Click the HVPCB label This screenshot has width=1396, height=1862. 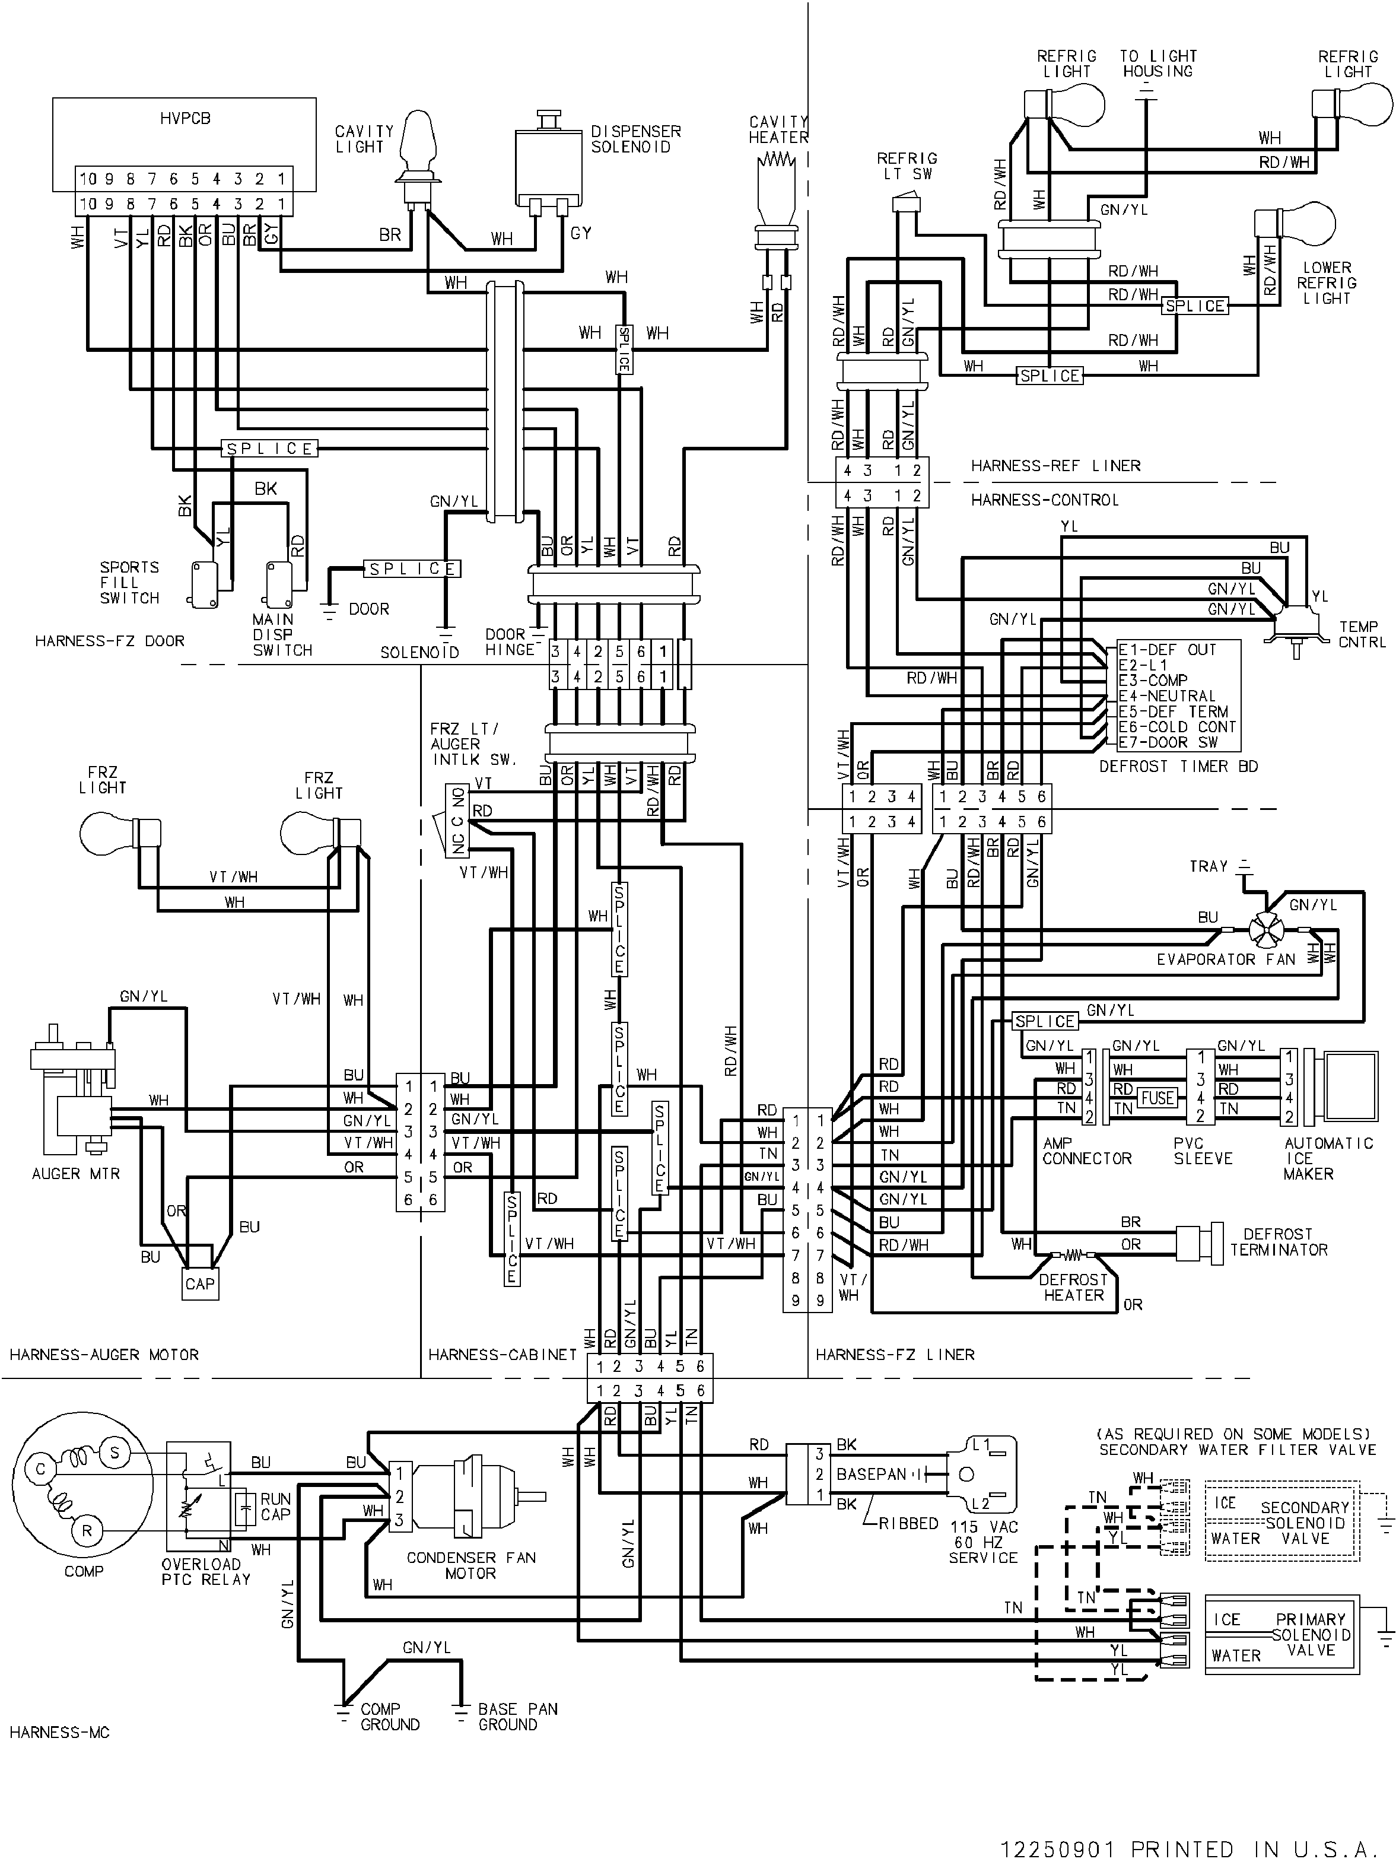(x=185, y=119)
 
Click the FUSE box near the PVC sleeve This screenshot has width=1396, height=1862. (x=1157, y=1098)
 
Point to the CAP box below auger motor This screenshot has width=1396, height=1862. (x=201, y=1283)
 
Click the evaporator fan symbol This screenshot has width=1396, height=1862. (x=1263, y=930)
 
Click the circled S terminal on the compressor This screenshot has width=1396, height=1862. (x=115, y=1453)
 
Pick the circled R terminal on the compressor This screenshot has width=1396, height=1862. (x=87, y=1531)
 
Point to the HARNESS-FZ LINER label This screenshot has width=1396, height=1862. (x=895, y=1355)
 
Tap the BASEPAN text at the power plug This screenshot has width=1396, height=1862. (x=871, y=1474)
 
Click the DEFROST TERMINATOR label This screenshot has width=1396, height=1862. (x=1278, y=1241)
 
